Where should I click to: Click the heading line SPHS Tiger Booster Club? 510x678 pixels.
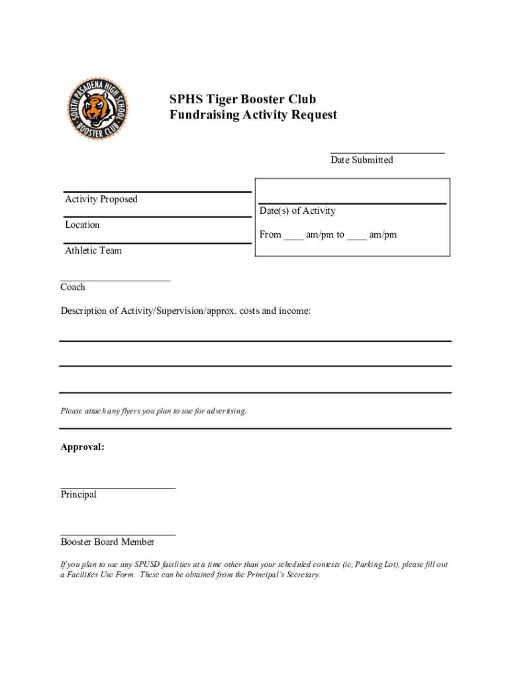[242, 99]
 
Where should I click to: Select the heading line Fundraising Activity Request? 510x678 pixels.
[253, 115]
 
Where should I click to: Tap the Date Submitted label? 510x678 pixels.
[362, 160]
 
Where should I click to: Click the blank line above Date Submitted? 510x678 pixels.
[387, 152]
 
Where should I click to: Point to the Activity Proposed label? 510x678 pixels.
[101, 199]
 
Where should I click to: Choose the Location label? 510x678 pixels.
[82, 225]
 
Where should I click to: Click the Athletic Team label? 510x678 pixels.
[93, 251]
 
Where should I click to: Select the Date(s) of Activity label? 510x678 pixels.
[297, 211]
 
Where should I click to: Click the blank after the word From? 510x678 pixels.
[293, 236]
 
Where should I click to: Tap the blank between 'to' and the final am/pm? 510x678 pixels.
[356, 236]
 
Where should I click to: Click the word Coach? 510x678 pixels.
[73, 287]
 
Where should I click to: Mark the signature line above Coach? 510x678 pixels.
[115, 280]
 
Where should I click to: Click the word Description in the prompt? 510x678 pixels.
[86, 311]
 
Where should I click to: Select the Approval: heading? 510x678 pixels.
[82, 447]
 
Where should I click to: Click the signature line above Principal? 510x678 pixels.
[118, 487]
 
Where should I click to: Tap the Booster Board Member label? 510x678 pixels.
[107, 542]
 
